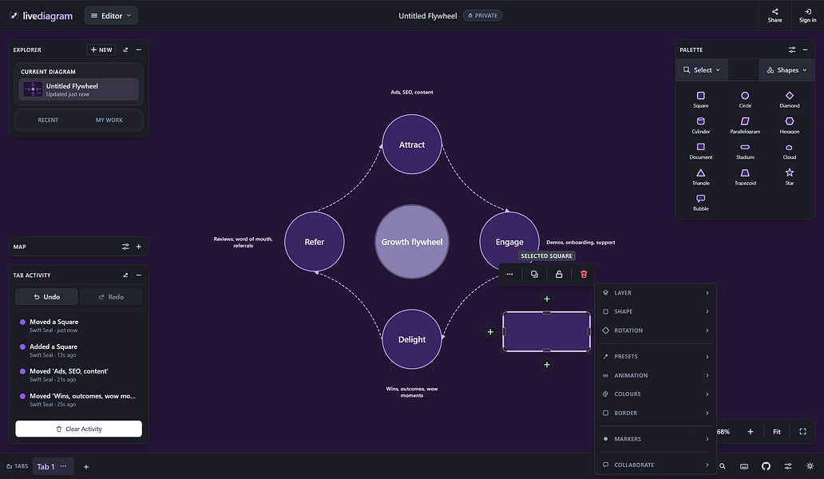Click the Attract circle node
pyautogui.click(x=411, y=144)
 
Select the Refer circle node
pyautogui.click(x=315, y=242)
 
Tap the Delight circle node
pyautogui.click(x=411, y=339)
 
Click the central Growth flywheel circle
pyautogui.click(x=411, y=242)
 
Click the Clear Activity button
pyautogui.click(x=78, y=429)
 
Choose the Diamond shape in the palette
pyautogui.click(x=790, y=99)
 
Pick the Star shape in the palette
pyautogui.click(x=790, y=176)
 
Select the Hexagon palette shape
pyautogui.click(x=790, y=125)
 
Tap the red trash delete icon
pyautogui.click(x=584, y=274)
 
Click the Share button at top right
pyautogui.click(x=774, y=15)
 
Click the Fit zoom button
pyautogui.click(x=777, y=432)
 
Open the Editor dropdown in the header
pyautogui.click(x=112, y=16)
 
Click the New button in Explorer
pyautogui.click(x=101, y=49)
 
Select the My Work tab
pyautogui.click(x=109, y=121)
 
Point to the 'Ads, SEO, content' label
pyautogui.click(x=411, y=92)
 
